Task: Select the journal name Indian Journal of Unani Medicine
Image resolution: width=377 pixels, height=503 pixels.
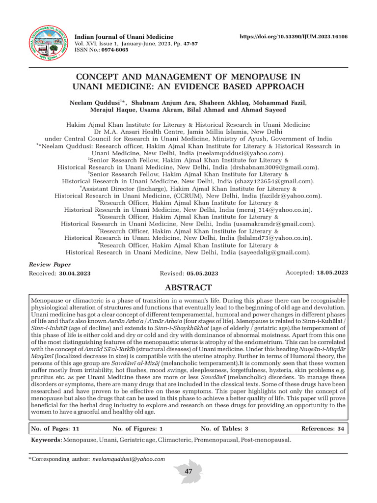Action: tap(123, 37)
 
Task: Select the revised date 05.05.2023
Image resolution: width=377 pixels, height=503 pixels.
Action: tap(202, 273)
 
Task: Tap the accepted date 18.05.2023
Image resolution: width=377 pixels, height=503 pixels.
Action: tap(332, 272)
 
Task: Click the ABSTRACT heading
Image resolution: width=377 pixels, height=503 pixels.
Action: tap(188, 287)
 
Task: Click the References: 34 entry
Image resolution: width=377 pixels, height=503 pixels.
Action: tap(323, 428)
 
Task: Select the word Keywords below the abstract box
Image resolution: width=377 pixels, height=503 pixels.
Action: tap(45, 440)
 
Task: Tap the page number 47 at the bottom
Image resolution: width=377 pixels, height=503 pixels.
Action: tap(188, 472)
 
